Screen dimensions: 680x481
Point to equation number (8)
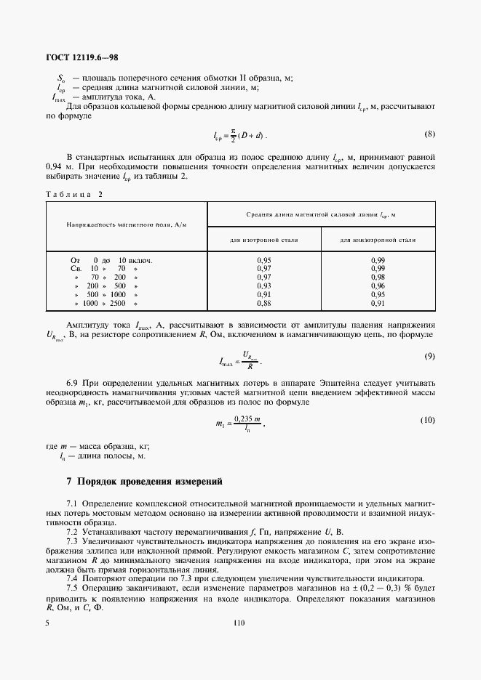click(x=429, y=134)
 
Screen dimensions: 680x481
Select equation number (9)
click(x=429, y=356)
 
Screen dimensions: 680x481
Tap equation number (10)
click(x=426, y=421)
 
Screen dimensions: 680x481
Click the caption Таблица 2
click(x=74, y=194)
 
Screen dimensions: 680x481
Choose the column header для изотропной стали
click(x=264, y=239)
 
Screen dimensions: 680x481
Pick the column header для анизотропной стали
click(x=378, y=239)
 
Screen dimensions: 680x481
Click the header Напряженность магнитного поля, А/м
click(x=127, y=226)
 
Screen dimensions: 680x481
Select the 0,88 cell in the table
click(x=264, y=303)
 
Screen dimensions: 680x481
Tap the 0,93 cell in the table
click(x=264, y=286)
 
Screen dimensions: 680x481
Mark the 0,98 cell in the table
click(x=378, y=277)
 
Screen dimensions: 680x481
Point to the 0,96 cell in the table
click(x=378, y=286)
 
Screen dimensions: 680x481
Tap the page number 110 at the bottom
click(x=239, y=623)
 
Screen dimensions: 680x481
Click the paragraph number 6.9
click(x=73, y=381)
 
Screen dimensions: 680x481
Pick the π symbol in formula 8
click(x=234, y=131)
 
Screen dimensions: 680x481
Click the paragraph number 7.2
click(x=73, y=532)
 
